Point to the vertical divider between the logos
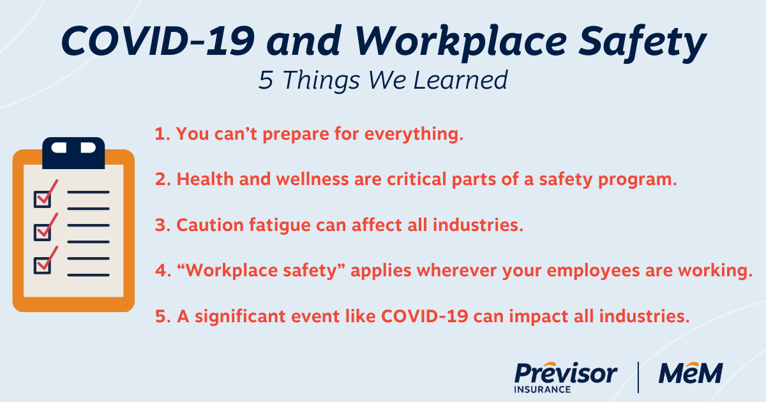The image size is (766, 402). pyautogui.click(x=638, y=376)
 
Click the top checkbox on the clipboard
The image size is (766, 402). pyautogui.click(x=43, y=198)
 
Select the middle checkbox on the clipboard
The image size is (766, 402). pyautogui.click(x=43, y=231)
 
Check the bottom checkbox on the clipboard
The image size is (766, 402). pyautogui.click(x=43, y=264)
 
